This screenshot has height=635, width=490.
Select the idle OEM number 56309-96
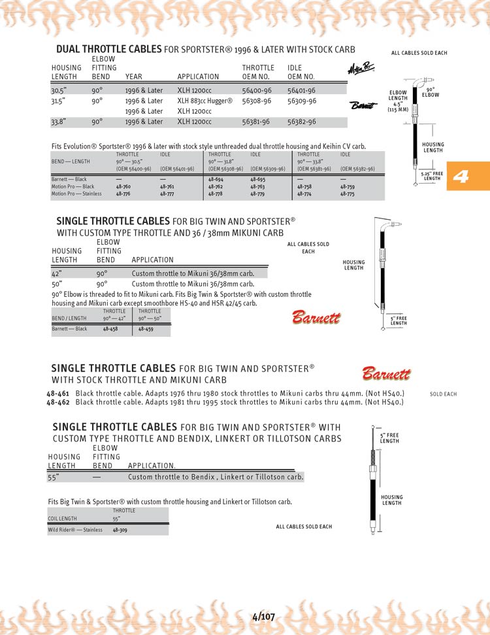point(301,101)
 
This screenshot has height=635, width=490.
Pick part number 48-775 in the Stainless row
point(348,194)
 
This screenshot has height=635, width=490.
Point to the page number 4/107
point(263,616)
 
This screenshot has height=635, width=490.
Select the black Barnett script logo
point(364,105)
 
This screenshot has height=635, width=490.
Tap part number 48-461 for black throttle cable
point(59,393)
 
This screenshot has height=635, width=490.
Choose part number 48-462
point(59,402)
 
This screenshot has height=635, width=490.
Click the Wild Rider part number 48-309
point(120,530)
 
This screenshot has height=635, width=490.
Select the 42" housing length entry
point(57,274)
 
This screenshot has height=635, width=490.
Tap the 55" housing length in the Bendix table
point(54,477)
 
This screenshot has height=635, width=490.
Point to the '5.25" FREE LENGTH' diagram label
point(432,175)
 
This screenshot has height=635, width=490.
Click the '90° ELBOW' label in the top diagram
point(430,92)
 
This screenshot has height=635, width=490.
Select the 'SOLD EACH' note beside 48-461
point(443,394)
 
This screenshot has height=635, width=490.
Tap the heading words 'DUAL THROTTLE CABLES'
point(108,49)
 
